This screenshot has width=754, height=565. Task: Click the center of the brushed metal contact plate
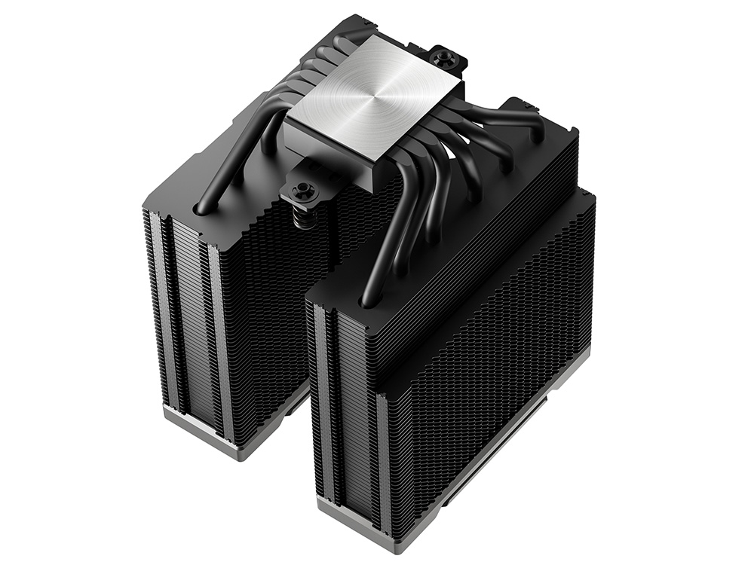click(x=374, y=105)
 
